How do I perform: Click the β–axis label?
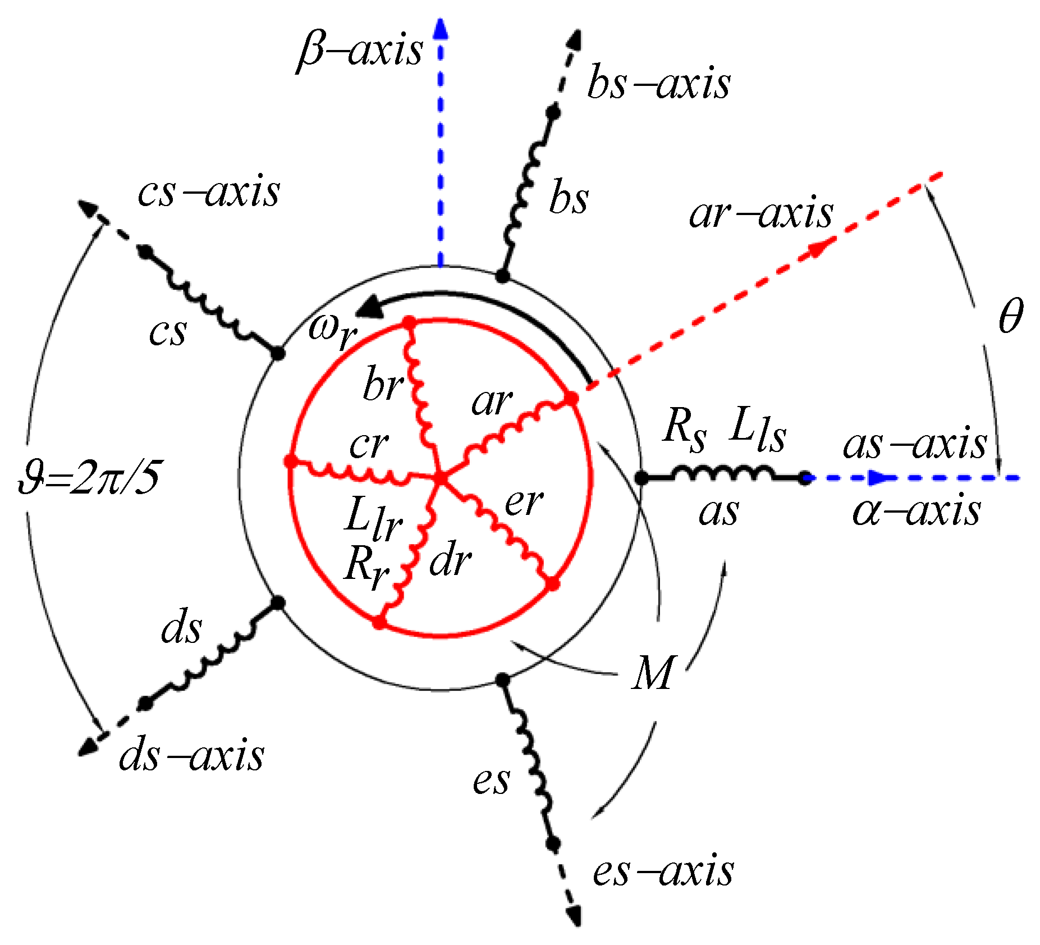(360, 51)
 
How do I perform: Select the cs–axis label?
(209, 193)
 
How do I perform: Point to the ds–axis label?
(191, 756)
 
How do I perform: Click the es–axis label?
(663, 871)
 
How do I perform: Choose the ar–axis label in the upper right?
(761, 213)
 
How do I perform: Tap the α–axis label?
(917, 512)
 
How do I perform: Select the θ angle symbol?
(1011, 316)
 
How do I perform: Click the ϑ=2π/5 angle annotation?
(89, 479)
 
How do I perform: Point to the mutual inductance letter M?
(652, 672)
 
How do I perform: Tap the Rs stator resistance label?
(684, 430)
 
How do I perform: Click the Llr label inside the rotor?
(373, 519)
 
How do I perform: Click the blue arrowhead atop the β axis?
(441, 28)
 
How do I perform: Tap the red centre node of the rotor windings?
(441, 478)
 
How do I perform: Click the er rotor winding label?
(523, 502)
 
